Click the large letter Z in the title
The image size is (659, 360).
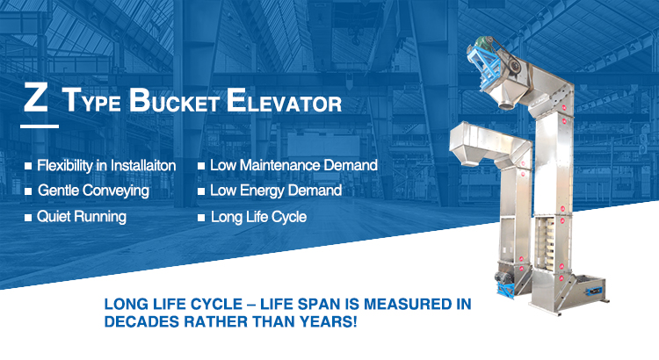click(x=36, y=98)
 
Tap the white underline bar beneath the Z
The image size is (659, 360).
click(x=40, y=125)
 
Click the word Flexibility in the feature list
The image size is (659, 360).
click(x=69, y=165)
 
